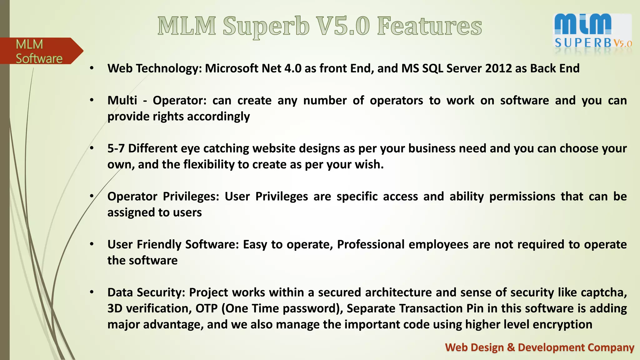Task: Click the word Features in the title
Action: [x=429, y=26]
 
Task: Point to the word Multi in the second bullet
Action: [x=122, y=100]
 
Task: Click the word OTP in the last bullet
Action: [x=206, y=308]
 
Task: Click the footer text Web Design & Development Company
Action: [x=539, y=347]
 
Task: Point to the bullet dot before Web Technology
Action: [x=92, y=68]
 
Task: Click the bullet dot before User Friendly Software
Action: [x=92, y=244]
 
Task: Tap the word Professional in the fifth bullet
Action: [x=371, y=244]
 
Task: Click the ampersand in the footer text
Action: [x=511, y=347]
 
